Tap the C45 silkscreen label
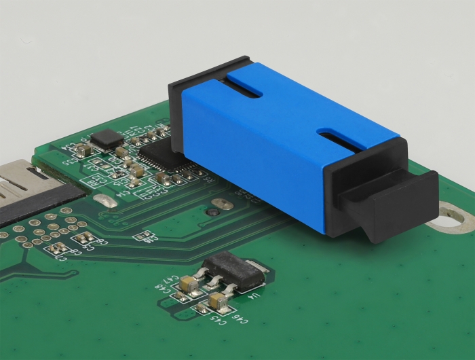[204, 310]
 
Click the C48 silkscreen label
[166, 288]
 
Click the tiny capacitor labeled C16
[143, 236]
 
